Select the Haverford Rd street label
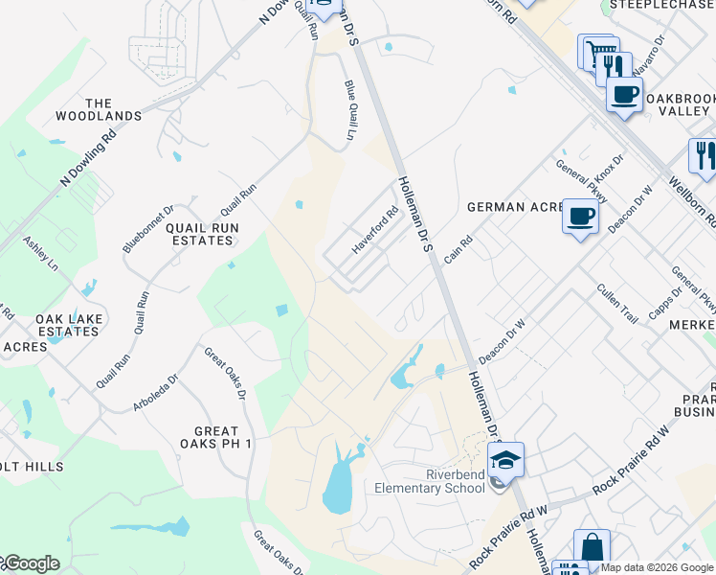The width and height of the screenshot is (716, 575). [374, 232]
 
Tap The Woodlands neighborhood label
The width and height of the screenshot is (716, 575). [112, 110]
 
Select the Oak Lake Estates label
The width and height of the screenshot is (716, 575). [68, 325]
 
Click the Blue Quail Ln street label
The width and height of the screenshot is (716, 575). [349, 109]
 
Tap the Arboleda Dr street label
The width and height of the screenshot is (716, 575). [155, 393]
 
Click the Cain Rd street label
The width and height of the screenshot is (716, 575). [460, 252]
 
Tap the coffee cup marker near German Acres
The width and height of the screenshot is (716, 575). [579, 216]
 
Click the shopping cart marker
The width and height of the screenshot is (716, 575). [598, 50]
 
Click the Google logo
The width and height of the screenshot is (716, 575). [31, 563]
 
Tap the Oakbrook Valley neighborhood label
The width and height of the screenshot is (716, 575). [676, 104]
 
